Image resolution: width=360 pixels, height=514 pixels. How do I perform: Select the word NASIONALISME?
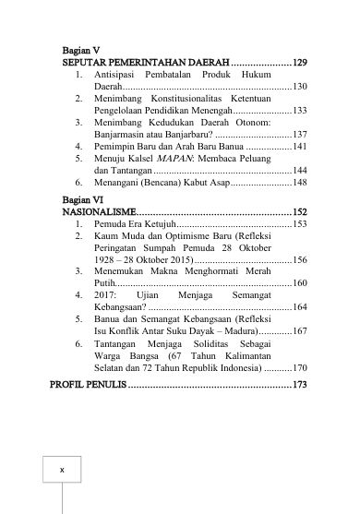tap(91, 210)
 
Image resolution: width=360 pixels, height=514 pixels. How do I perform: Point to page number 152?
tap(298, 210)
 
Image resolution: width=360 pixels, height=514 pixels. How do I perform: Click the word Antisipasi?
tap(119, 72)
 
